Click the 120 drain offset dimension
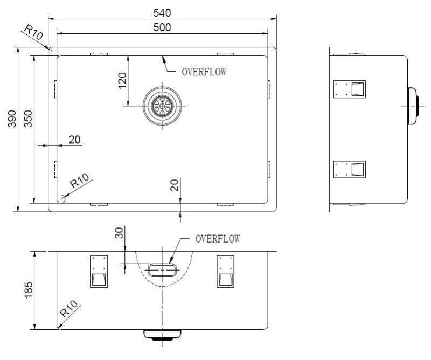[x=122, y=81]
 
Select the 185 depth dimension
[x=29, y=290]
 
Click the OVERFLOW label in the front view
[x=218, y=238]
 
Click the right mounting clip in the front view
[x=225, y=271]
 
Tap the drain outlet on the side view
[x=414, y=106]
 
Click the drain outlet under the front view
[x=161, y=335]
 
